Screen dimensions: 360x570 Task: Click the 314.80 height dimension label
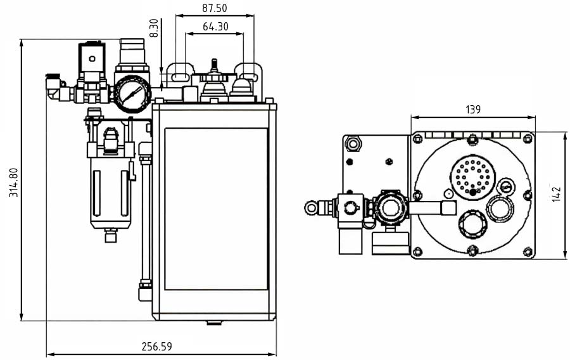13,183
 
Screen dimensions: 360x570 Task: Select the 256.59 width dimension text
156,347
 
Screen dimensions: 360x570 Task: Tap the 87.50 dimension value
215,9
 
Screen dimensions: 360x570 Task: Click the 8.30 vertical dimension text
154,29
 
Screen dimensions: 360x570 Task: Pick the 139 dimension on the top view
472,110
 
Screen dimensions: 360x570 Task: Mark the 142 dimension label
557,194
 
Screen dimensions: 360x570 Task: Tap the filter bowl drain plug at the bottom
111,236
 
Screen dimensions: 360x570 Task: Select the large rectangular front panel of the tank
216,209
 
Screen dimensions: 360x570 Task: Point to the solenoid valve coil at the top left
92,60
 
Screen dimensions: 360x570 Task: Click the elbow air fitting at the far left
56,88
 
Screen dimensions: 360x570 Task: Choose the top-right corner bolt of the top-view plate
528,138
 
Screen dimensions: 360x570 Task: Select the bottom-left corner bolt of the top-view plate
417,252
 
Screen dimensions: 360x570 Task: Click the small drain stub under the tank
214,323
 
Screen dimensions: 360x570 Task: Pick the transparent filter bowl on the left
110,190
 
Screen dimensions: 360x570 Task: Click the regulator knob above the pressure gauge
132,51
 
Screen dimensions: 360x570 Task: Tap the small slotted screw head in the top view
505,186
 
